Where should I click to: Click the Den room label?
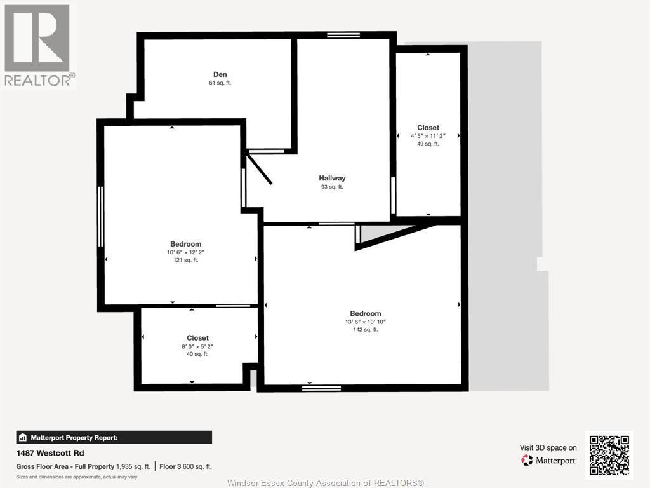[x=220, y=74]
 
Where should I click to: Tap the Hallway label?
[x=332, y=178]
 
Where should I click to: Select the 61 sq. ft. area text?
[x=220, y=83]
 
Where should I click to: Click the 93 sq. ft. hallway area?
[x=332, y=187]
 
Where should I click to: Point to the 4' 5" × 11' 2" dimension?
[x=428, y=136]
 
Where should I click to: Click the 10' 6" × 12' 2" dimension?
[x=185, y=252]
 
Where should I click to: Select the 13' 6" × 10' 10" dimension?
[x=365, y=322]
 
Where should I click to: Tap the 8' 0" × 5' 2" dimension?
[x=197, y=346]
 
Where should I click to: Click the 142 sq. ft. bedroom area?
[x=365, y=329]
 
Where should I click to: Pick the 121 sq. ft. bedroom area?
[x=185, y=260]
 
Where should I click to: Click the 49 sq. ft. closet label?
[x=428, y=144]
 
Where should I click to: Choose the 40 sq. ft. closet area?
[x=197, y=354]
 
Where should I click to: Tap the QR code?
[x=609, y=454]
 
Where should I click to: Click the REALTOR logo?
[x=38, y=44]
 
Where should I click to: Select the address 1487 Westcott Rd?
[x=50, y=453]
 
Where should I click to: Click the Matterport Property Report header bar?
[x=114, y=437]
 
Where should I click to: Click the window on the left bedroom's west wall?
[x=100, y=216]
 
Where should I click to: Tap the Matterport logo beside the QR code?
[x=549, y=460]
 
